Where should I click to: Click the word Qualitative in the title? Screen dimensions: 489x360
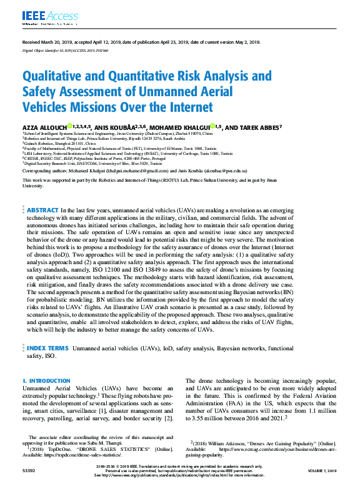click(53, 76)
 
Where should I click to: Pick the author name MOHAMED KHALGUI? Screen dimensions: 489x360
click(181, 127)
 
